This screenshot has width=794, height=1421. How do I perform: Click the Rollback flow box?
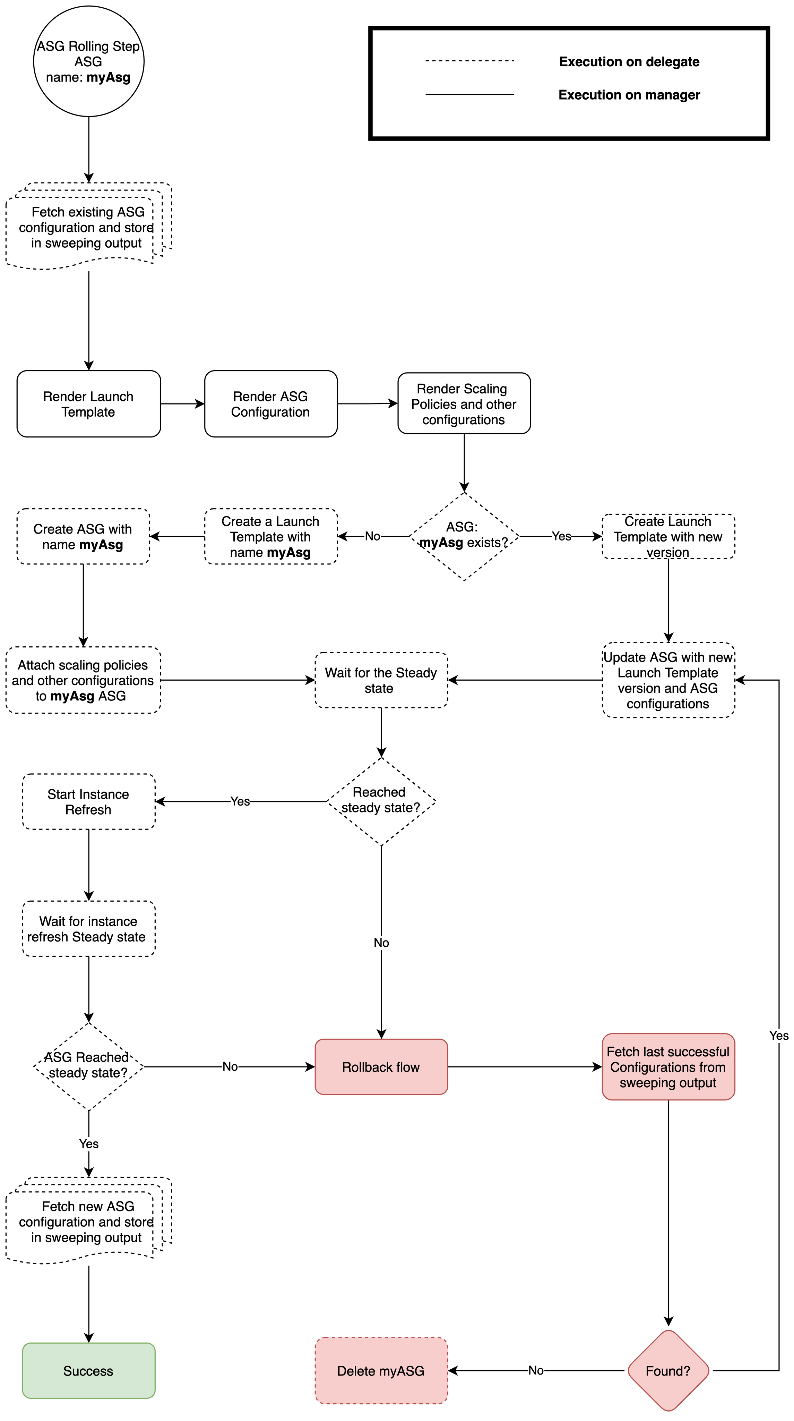[x=381, y=1067]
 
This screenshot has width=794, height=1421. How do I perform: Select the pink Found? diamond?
[x=668, y=1371]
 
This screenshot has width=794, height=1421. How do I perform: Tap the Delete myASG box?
[x=381, y=1371]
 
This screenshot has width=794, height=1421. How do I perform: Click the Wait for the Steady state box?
[x=381, y=680]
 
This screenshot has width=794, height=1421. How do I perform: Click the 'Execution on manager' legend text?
[x=629, y=95]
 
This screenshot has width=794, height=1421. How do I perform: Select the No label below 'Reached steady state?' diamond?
[x=381, y=943]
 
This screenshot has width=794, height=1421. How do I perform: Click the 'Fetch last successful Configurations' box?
[x=668, y=1067]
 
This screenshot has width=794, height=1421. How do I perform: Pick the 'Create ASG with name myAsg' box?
[x=83, y=536]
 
